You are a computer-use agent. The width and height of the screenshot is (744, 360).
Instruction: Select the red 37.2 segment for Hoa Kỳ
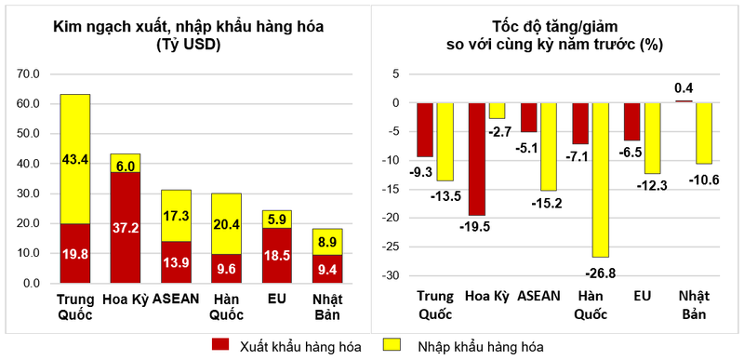(126, 227)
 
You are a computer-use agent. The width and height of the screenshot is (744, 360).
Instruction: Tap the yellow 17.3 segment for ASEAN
(176, 215)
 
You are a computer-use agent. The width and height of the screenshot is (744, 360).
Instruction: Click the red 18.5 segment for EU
(276, 255)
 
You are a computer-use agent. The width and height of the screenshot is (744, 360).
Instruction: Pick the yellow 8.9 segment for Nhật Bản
(326, 241)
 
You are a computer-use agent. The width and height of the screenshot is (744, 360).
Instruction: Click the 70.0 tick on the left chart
(30, 73)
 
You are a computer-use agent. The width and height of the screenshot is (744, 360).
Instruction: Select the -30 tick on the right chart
(395, 276)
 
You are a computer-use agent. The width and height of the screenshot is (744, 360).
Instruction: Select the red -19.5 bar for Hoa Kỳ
(476, 158)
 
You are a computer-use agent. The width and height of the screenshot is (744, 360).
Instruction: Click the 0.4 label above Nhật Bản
(684, 89)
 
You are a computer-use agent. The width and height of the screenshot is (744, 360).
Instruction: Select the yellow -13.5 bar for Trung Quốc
(445, 141)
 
